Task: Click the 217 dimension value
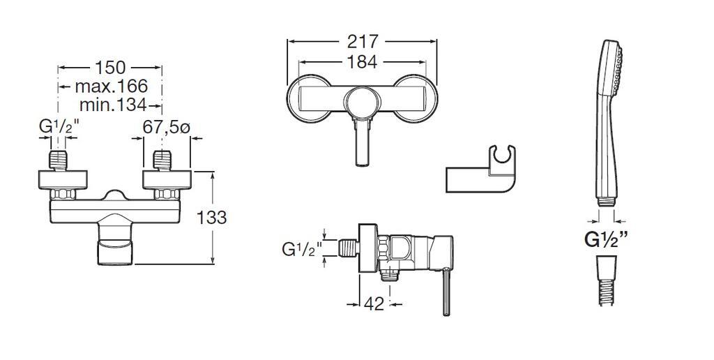pyautogui.click(x=363, y=41)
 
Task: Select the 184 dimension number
pyautogui.click(x=362, y=62)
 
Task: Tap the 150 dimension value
pyautogui.click(x=109, y=68)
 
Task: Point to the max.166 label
pyautogui.click(x=111, y=86)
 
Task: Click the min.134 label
pyautogui.click(x=113, y=105)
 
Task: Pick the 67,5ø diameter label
pyautogui.click(x=166, y=127)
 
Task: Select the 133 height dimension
pyautogui.click(x=211, y=218)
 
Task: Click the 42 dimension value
pyautogui.click(x=374, y=304)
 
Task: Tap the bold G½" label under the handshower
pyautogui.click(x=605, y=239)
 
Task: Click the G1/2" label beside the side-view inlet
pyautogui.click(x=302, y=249)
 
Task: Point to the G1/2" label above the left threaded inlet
pyautogui.click(x=59, y=128)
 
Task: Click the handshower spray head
pyautogui.click(x=611, y=68)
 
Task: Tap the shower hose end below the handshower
pyautogui.click(x=607, y=280)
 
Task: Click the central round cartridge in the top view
pyautogui.click(x=362, y=103)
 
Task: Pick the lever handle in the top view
pyautogui.click(x=362, y=143)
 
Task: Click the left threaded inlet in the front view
pyautogui.click(x=59, y=161)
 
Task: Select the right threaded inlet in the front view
pyautogui.click(x=162, y=161)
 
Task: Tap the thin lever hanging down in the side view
pyautogui.click(x=446, y=292)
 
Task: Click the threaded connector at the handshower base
pyautogui.click(x=606, y=202)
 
